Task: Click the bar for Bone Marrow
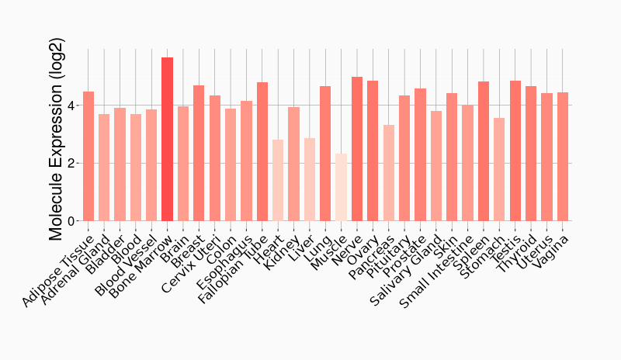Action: (x=167, y=140)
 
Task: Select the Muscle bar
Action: (x=341, y=188)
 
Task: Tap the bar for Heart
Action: (x=278, y=181)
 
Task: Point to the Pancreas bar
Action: (x=388, y=173)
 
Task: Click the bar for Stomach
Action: (x=499, y=170)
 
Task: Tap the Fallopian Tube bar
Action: (x=262, y=152)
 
